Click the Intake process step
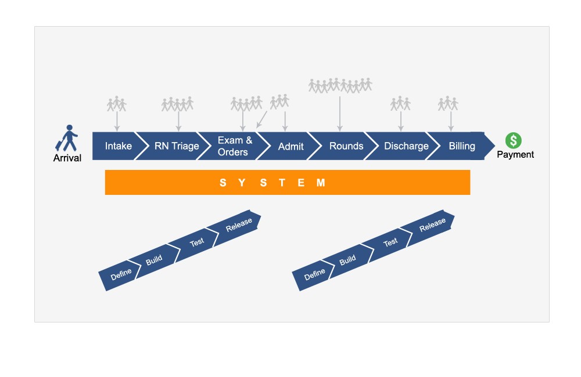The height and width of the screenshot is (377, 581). pos(118,146)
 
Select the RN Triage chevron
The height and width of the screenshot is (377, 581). pos(177,146)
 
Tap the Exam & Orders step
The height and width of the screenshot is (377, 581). pos(234,146)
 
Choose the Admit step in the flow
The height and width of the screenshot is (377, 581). pos(290,146)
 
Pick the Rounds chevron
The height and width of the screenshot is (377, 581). pos(346,146)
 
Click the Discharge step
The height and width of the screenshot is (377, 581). pos(406,146)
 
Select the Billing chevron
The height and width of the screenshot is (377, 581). pos(462,146)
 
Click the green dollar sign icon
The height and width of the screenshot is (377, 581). pos(513,140)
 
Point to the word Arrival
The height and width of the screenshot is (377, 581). pos(67,158)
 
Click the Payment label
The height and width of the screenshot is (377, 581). pos(515,155)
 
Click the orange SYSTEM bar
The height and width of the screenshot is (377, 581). pos(287,183)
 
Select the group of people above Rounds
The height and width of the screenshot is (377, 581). pos(340,85)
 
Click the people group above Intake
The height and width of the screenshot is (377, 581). pos(117,104)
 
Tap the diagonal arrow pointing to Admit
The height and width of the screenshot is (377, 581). pos(262,119)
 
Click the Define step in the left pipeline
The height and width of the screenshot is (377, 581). pos(121,271)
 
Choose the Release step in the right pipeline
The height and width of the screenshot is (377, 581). pos(432,225)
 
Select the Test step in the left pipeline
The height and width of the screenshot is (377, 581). pos(197,242)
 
